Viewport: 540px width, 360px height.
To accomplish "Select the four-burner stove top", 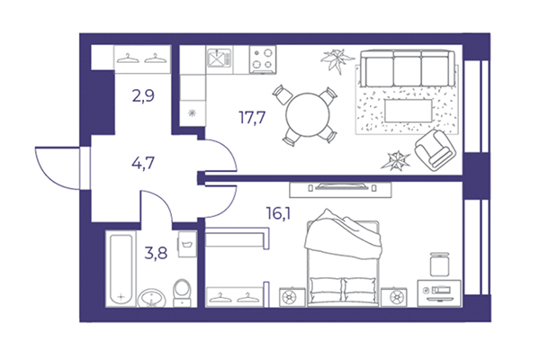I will tap(263, 59).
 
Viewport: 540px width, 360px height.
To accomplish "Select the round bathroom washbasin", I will tap(152, 295).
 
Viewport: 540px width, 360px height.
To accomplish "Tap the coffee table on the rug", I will tap(410, 109).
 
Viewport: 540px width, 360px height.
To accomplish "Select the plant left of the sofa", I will tap(338, 60).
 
